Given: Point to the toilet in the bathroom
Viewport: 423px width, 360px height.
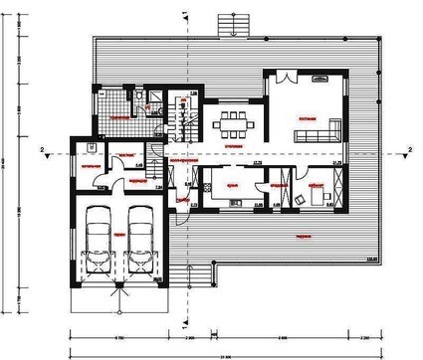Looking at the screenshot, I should [150, 99].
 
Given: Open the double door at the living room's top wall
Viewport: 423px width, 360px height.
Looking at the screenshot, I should [286, 75].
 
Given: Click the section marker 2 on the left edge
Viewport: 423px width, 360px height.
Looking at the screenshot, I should [43, 150].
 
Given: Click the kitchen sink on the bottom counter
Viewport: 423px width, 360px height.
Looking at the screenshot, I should [236, 203].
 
